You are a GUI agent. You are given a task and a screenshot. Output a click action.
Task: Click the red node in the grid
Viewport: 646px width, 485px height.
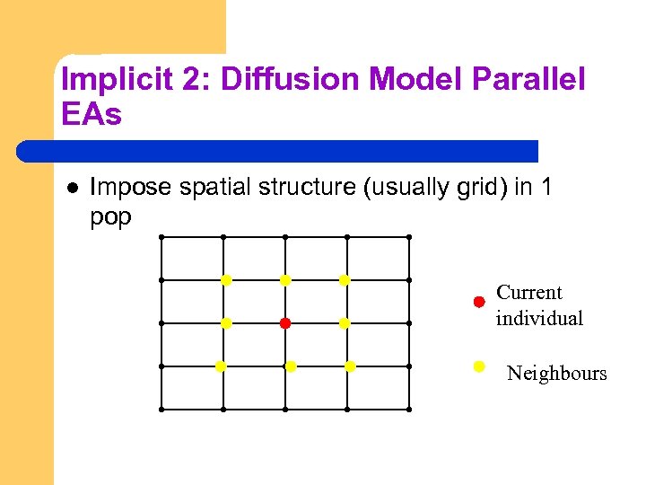pos(284,322)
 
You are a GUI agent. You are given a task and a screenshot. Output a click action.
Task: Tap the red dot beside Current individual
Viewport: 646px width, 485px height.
pos(479,302)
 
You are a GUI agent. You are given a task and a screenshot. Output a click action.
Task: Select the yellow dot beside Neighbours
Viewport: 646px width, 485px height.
pos(479,366)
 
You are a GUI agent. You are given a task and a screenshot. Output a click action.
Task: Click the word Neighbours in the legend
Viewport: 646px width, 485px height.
pos(556,374)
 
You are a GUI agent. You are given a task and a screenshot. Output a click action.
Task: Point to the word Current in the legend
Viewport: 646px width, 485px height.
pos(529,293)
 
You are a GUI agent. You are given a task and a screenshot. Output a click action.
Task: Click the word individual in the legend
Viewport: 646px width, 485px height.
pos(539,318)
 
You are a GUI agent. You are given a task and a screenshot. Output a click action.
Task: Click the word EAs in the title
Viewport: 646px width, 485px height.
pos(92,114)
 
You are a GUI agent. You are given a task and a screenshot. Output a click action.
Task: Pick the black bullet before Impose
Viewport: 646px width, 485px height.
pos(73,187)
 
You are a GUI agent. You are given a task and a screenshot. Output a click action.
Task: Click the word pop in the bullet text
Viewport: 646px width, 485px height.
pos(110,218)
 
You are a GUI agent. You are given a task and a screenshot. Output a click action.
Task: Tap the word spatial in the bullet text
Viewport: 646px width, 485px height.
pos(214,187)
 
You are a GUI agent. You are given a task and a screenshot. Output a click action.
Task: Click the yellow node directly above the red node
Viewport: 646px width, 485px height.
pos(285,280)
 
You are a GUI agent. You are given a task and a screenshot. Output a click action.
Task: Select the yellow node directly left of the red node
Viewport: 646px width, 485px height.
pos(226,322)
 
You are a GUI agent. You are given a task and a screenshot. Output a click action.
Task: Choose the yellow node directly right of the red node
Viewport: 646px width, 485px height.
pos(345,322)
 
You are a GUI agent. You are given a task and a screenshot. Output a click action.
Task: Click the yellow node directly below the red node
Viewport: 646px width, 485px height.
pos(290,366)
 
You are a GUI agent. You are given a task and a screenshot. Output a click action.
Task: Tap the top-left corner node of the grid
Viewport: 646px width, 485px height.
pos(161,237)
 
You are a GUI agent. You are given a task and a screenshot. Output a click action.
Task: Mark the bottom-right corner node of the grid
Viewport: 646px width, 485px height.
pos(409,409)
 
